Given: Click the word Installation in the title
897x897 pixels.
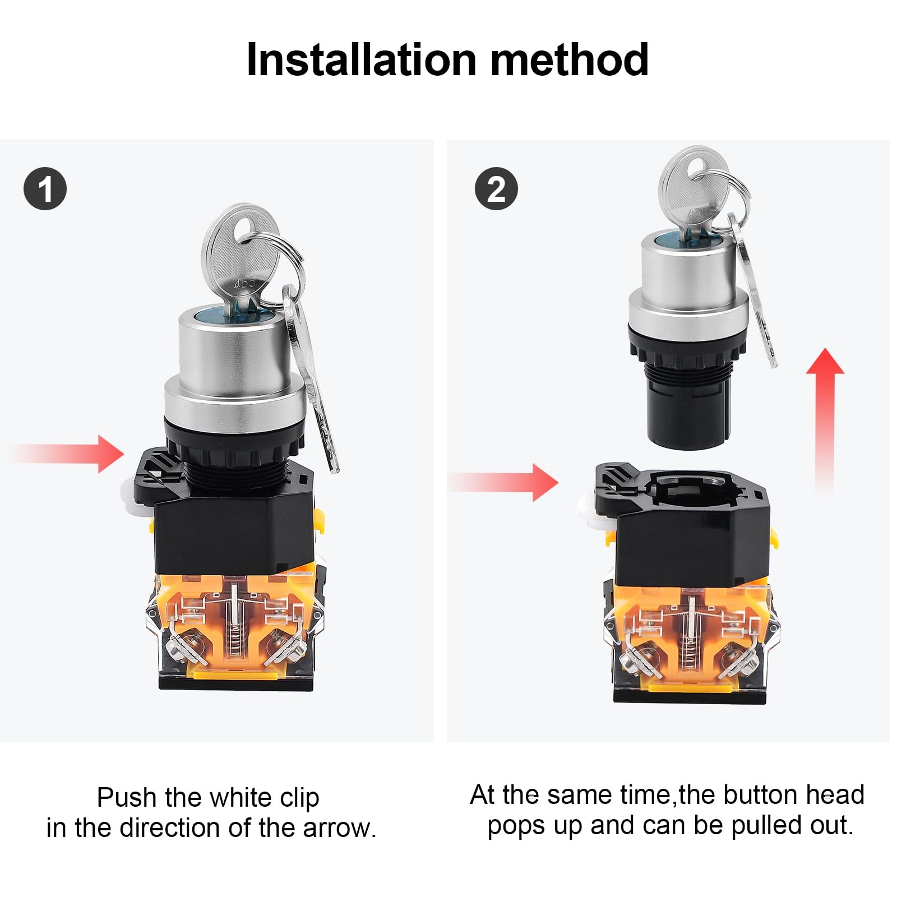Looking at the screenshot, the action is point(362,59).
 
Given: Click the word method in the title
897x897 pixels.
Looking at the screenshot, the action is point(570,59).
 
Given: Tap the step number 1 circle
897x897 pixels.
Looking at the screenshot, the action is point(45,189).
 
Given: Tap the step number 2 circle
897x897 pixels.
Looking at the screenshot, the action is point(496,189).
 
